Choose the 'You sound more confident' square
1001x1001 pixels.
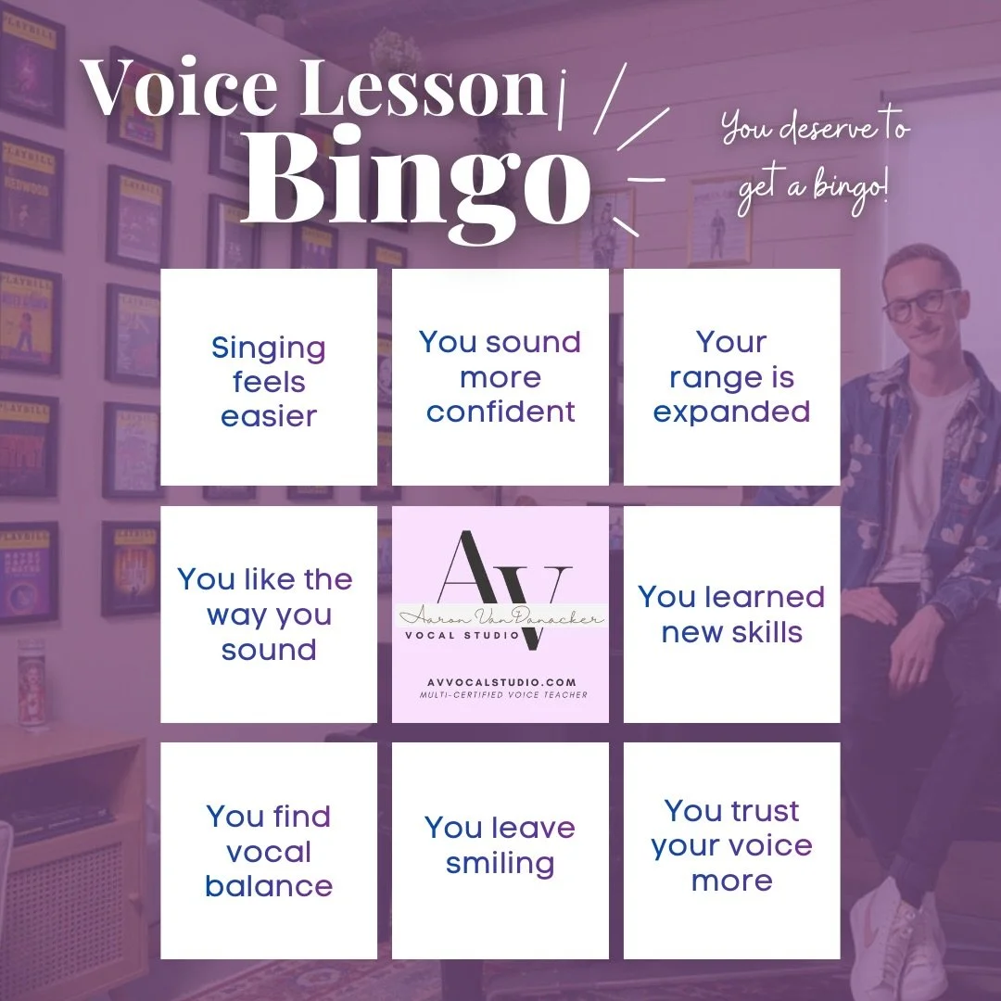pyautogui.click(x=500, y=377)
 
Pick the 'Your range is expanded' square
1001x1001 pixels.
pyautogui.click(x=732, y=377)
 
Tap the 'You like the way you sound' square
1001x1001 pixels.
pyautogui.click(x=269, y=615)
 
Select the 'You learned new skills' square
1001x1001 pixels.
pyautogui.click(x=732, y=615)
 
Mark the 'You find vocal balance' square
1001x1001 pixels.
pyautogui.click(x=269, y=851)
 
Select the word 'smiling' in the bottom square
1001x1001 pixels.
pyautogui.click(x=500, y=864)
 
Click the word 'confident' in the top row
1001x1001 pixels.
pyautogui.click(x=500, y=412)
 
